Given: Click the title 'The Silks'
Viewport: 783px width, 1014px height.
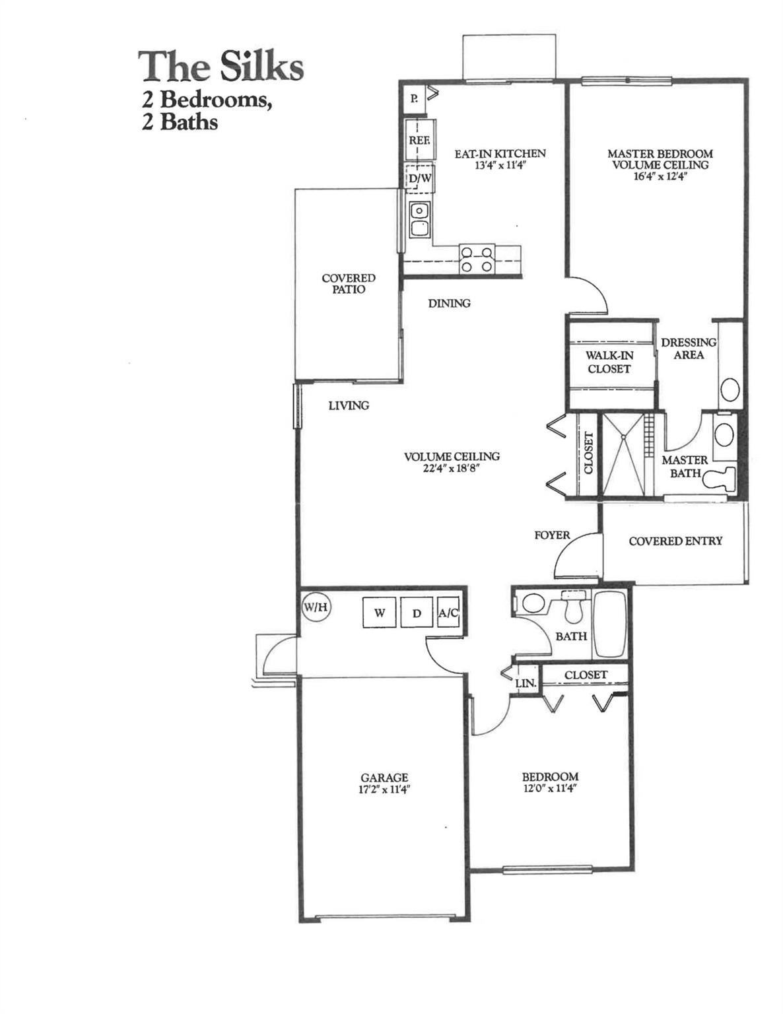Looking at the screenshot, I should tap(221, 67).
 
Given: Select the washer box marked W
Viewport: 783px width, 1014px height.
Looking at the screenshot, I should tap(380, 613).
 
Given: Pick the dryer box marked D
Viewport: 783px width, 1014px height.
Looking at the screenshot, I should tap(417, 613).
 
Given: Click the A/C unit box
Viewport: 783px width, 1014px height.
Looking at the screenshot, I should tap(448, 613).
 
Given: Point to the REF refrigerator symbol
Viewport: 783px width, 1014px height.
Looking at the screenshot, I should tap(419, 140).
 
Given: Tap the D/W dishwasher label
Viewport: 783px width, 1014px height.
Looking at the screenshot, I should tap(420, 178).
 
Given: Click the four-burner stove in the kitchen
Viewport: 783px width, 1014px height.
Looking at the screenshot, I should tap(477, 259).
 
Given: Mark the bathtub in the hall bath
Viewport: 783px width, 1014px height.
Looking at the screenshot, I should tap(610, 625).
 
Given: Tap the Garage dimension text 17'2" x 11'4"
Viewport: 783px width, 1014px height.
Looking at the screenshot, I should tap(384, 790).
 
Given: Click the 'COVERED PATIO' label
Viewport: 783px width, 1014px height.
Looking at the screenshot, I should tap(348, 284).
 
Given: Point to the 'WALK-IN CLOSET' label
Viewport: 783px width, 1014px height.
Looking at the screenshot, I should tap(609, 362).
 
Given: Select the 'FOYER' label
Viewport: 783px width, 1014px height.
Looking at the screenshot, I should tap(552, 535).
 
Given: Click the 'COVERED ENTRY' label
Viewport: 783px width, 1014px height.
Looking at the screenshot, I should tap(675, 541).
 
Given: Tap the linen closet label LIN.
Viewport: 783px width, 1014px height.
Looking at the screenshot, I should tap(526, 683).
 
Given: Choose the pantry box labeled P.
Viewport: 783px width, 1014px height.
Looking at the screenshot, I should tap(414, 99).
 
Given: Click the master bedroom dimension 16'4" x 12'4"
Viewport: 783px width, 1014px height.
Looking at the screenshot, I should tap(660, 176).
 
